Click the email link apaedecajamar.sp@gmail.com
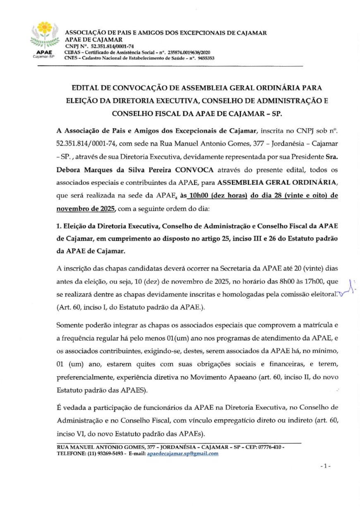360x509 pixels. pos(183,453)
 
